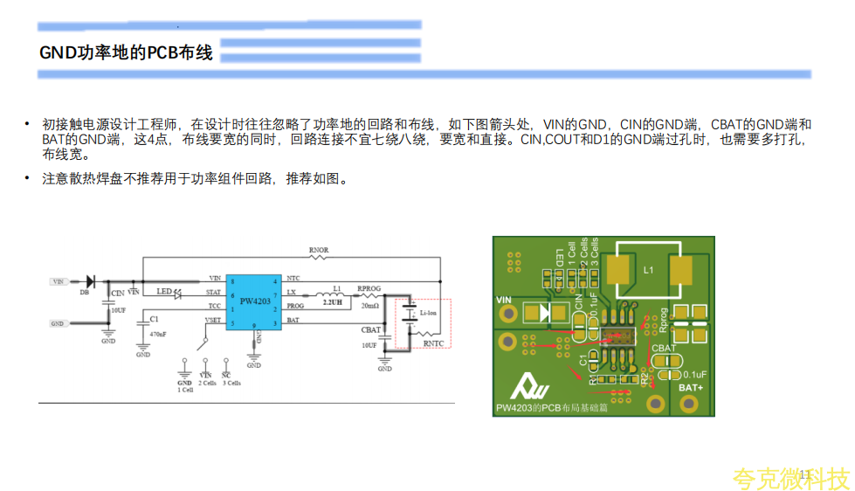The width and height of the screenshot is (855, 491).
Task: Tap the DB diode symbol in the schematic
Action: tap(89, 280)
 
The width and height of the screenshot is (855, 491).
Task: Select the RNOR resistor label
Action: tap(319, 250)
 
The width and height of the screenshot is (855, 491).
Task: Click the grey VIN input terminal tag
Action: tap(59, 282)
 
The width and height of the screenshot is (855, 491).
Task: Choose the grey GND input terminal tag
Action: tap(58, 323)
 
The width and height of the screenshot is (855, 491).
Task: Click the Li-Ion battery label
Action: tap(429, 312)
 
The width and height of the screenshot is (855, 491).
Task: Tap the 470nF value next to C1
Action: tap(157, 334)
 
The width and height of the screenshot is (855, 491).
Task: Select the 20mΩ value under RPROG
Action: tap(369, 306)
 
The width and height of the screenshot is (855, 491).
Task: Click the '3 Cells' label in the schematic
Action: tap(231, 384)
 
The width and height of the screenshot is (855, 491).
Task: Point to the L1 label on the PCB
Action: tap(648, 271)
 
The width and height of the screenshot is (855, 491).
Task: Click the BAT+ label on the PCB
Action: tap(691, 388)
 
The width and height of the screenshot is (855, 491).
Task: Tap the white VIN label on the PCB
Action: tap(504, 300)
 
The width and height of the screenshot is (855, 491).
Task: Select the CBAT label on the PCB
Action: tap(664, 348)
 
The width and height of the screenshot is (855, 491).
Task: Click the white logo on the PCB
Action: tap(527, 385)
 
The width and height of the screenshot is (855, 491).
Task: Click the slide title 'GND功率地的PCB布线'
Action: tap(127, 53)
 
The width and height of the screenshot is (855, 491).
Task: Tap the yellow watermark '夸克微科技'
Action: tap(790, 478)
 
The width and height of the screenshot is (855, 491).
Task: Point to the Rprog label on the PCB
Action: tap(664, 320)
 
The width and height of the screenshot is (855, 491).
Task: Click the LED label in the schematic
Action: tap(163, 291)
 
